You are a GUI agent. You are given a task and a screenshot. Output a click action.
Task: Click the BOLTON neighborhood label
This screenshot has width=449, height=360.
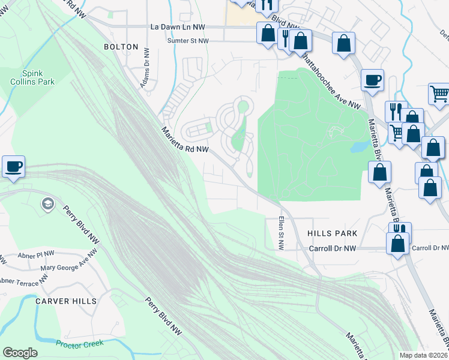pyautogui.click(x=121, y=47)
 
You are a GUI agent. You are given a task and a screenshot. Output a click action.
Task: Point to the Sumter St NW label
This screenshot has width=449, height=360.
pyautogui.click(x=188, y=41)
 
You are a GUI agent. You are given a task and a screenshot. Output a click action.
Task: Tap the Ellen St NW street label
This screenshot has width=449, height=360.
pyautogui.click(x=280, y=233)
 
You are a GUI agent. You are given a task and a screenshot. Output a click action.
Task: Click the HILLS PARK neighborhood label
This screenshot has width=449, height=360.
pyautogui.click(x=332, y=233)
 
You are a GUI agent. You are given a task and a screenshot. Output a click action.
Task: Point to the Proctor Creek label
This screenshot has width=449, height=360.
pyautogui.click(x=80, y=343)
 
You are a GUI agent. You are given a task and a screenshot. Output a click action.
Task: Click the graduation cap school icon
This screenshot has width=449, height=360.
pyautogui.click(x=47, y=205)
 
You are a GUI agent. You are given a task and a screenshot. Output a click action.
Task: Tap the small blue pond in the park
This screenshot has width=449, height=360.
pyautogui.click(x=358, y=146)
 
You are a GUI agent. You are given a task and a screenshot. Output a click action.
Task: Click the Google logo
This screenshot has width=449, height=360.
pyautogui.click(x=20, y=353)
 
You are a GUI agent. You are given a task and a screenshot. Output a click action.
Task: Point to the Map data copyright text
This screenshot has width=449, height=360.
pyautogui.click(x=423, y=355)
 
